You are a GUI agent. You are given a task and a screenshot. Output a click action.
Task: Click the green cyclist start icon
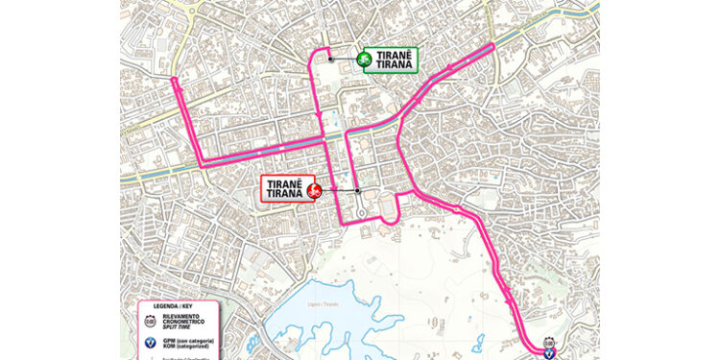(365, 60)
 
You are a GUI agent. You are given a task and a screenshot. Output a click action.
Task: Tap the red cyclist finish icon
(313, 191)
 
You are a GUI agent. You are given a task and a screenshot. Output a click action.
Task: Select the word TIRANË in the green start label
(396, 54)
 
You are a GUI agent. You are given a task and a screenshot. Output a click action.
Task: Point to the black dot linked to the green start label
(331, 60)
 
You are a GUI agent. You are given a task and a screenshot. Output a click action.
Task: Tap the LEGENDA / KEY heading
(170, 307)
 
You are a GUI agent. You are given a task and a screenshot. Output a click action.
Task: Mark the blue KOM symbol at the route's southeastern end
(548, 352)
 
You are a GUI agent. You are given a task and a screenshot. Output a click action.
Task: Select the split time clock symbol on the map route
(548, 342)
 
